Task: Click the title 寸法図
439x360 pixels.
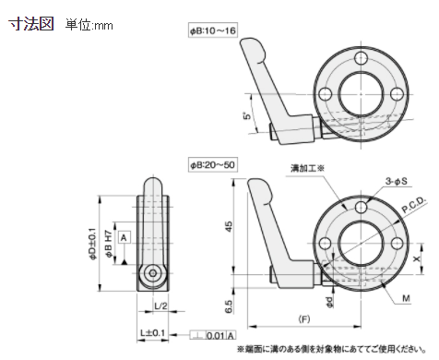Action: [x=31, y=25]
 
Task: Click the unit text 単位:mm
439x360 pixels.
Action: [x=89, y=26]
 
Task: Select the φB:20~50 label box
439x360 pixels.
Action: [x=213, y=163]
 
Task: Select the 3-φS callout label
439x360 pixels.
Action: [x=399, y=182]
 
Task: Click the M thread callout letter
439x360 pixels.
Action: [x=407, y=297]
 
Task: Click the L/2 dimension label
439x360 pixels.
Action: [x=160, y=306]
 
